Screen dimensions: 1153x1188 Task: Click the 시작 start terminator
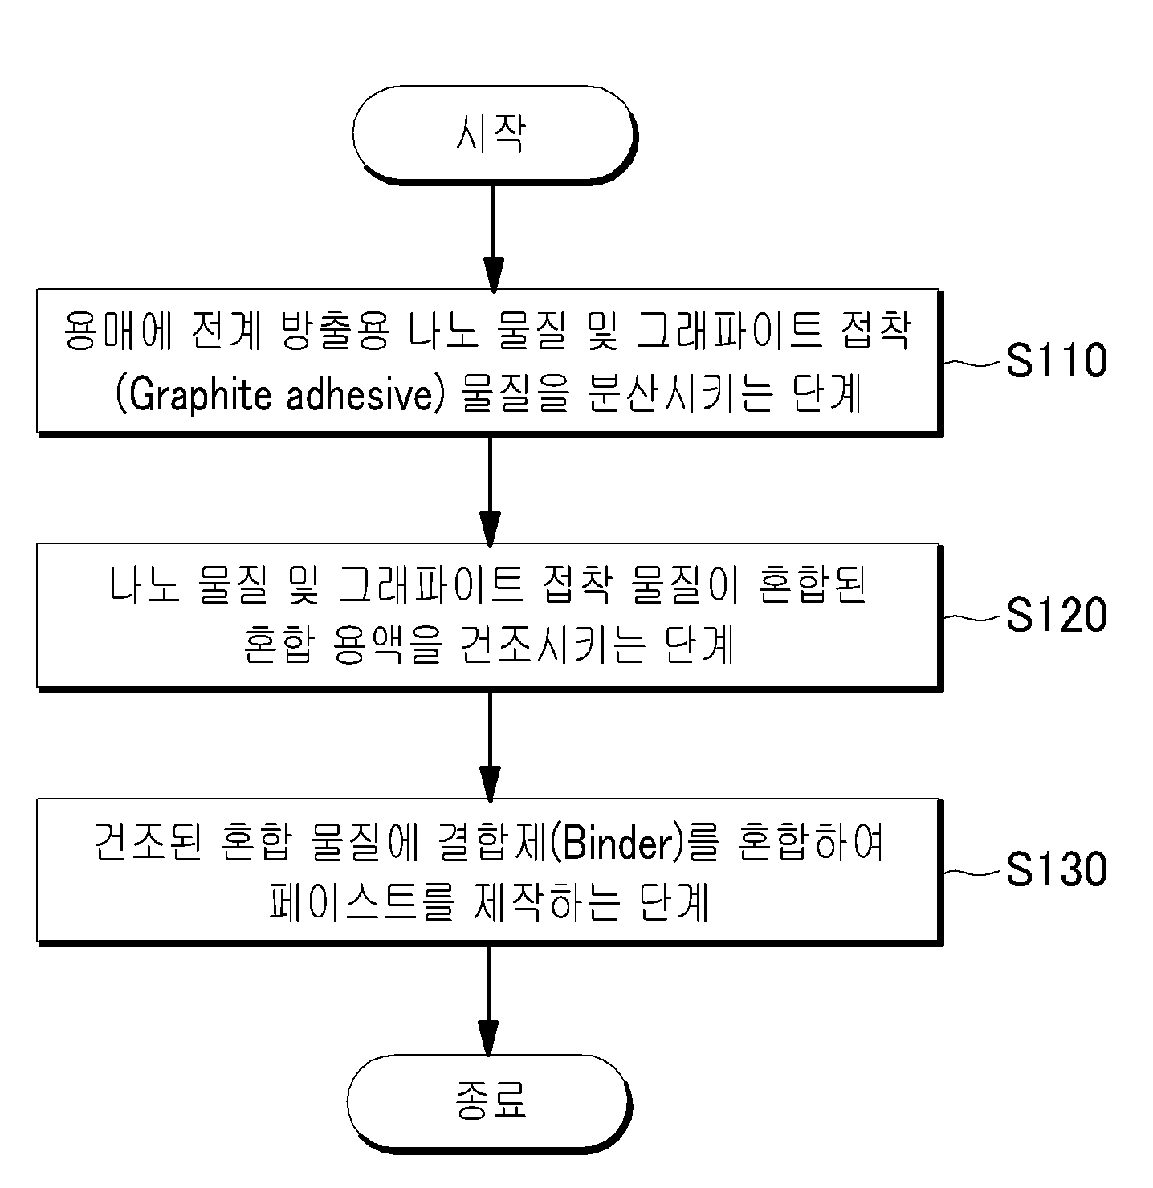click(495, 134)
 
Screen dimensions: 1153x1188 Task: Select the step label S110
click(1056, 360)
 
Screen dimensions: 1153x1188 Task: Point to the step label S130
click(1056, 869)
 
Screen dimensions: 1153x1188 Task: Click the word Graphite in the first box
click(200, 396)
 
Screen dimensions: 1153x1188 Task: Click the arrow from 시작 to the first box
click(494, 238)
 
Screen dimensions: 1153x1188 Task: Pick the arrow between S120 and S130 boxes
click(490, 746)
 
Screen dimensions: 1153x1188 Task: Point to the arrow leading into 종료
click(488, 1001)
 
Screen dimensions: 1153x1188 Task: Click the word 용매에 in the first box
click(119, 331)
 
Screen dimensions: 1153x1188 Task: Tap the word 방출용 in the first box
click(336, 331)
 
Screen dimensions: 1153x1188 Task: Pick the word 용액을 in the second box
click(388, 645)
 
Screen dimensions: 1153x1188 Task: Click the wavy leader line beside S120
click(972, 618)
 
